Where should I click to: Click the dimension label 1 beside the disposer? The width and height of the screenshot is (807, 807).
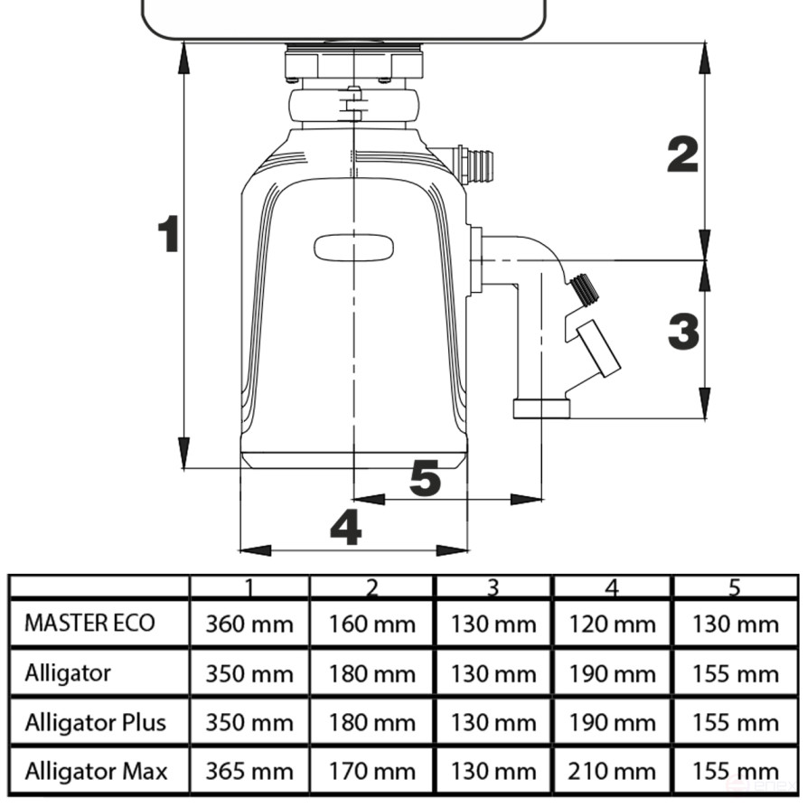coord(168,234)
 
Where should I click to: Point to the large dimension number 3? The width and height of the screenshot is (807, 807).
coord(683,332)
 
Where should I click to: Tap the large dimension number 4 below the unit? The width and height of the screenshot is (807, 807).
coord(346,527)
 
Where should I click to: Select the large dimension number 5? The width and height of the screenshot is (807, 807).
coord(425,478)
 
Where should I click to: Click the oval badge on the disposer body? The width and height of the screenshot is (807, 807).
coord(353,247)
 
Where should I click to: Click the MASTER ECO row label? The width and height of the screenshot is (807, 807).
coord(89,623)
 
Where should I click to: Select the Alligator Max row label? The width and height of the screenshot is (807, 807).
coord(96,771)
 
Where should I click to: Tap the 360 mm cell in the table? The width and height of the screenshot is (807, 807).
coord(249,624)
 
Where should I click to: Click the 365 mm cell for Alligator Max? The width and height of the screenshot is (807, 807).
coord(249,772)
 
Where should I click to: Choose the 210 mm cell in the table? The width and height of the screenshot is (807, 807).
coord(612,772)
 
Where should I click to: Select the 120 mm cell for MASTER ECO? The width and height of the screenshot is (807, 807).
coord(612,624)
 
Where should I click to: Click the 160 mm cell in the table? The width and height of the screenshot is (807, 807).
coord(371,624)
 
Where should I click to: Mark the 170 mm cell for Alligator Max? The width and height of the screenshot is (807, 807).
coord(371,772)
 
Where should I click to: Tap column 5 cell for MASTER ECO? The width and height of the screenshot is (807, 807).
coord(734,624)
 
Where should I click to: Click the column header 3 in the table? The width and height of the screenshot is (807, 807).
coord(493,587)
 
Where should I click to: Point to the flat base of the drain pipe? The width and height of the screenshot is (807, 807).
coord(541,408)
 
